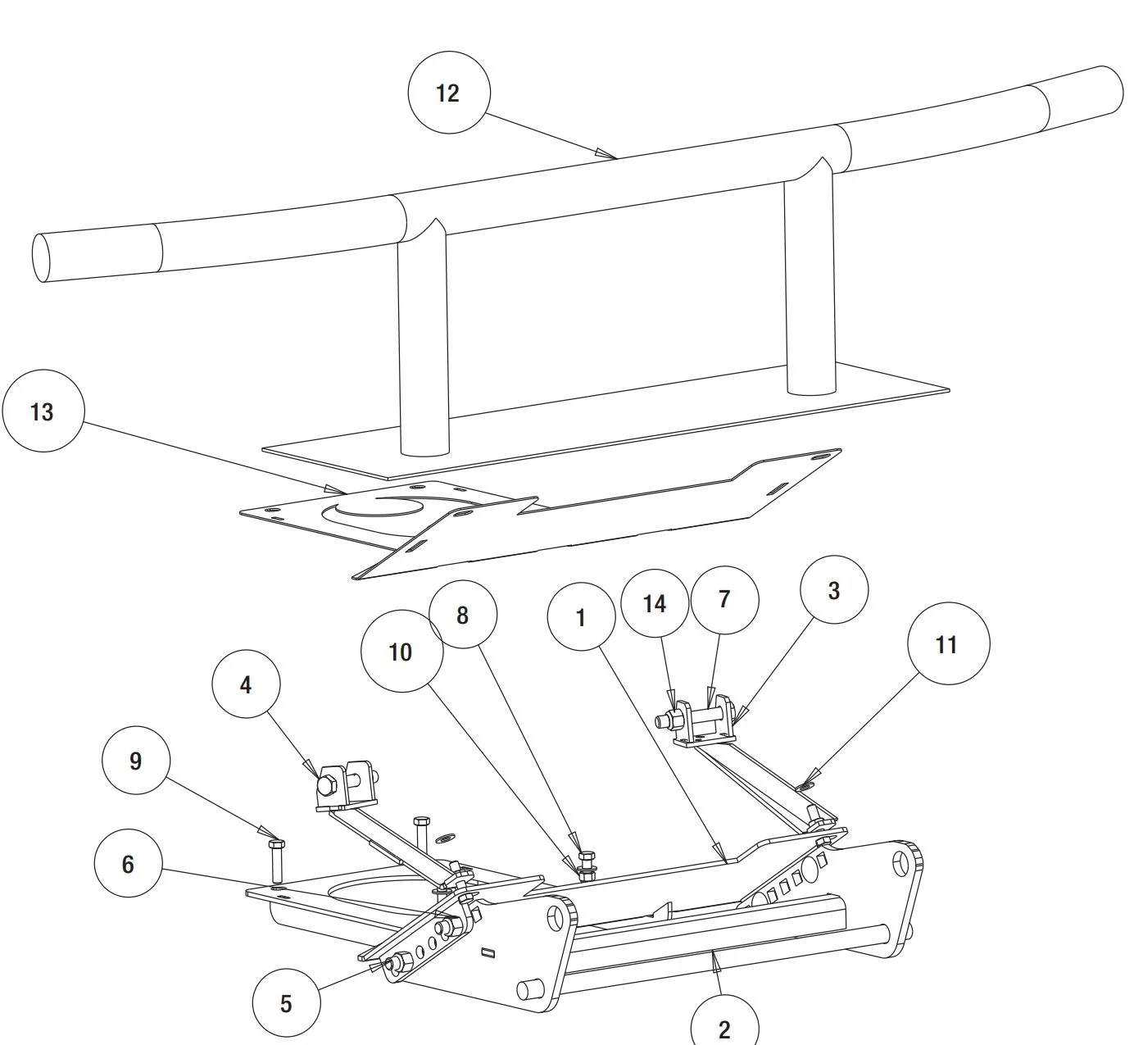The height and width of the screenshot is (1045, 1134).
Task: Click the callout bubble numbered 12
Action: (x=448, y=93)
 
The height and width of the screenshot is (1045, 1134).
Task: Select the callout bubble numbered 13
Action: (x=43, y=411)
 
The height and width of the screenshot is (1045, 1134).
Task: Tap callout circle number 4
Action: (x=246, y=685)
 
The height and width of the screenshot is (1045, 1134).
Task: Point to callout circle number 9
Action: (x=136, y=761)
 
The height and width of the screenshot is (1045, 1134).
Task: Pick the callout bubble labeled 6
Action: (x=129, y=865)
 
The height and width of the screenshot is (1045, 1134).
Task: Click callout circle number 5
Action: (x=285, y=1003)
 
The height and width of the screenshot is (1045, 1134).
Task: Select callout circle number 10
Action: (x=401, y=652)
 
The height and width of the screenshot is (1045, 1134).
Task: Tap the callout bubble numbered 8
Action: (x=463, y=615)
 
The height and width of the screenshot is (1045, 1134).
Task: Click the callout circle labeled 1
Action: (x=581, y=617)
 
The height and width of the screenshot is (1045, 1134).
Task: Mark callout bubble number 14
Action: (x=654, y=604)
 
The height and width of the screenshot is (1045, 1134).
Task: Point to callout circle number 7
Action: (x=724, y=599)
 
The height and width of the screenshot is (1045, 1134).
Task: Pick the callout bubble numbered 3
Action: (x=834, y=590)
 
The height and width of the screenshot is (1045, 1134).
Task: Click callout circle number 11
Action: (x=948, y=644)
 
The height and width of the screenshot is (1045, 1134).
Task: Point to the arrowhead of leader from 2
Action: (x=715, y=956)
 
